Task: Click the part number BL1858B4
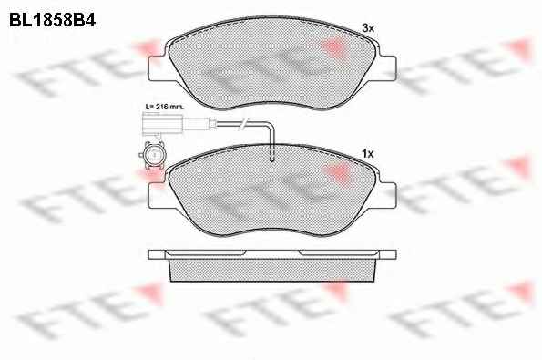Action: [x=52, y=20]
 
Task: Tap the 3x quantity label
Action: [x=368, y=28]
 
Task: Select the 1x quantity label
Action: [x=368, y=153]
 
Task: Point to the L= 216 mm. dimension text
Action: [x=164, y=107]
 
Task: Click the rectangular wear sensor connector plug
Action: [x=162, y=124]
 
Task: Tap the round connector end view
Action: [x=152, y=155]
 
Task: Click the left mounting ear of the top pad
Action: [x=158, y=68]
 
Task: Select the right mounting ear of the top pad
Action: [x=387, y=68]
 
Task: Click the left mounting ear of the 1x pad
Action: [x=158, y=195]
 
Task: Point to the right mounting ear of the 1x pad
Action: [x=387, y=195]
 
